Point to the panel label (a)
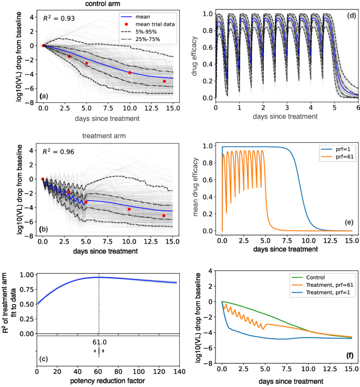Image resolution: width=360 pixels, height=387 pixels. pos(45,96)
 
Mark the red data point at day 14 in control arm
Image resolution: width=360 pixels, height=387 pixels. pos(164,81)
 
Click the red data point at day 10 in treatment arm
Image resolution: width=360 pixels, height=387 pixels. pos(129,209)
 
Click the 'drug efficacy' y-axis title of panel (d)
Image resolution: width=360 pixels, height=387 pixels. pos(195,55)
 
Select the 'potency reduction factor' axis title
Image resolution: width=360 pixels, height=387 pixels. pos(107,382)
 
